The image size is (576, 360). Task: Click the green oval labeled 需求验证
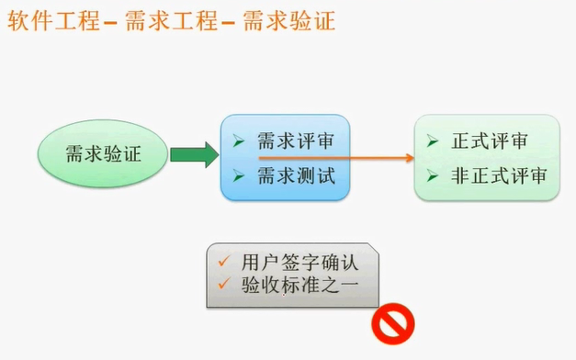click(103, 153)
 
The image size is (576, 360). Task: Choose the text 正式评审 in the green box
click(490, 141)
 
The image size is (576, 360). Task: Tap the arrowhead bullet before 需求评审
click(238, 141)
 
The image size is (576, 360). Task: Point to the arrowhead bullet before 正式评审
click(433, 141)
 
